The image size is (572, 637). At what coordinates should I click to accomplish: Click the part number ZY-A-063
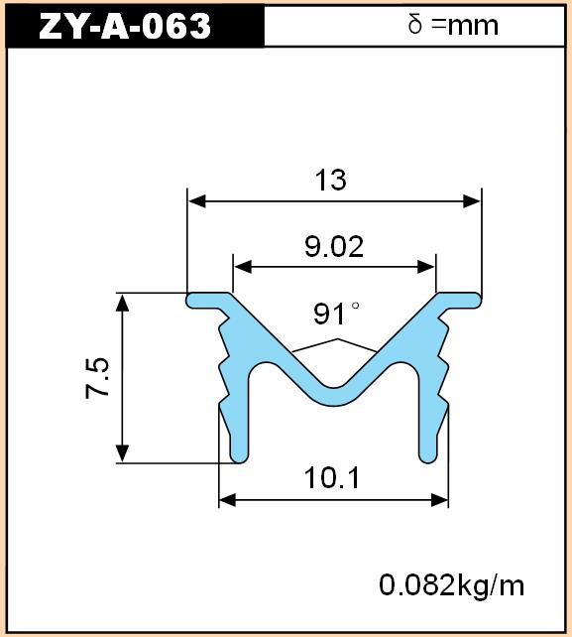(125, 26)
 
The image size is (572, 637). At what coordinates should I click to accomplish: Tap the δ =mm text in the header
(453, 25)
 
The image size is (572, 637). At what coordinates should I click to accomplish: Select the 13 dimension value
(331, 180)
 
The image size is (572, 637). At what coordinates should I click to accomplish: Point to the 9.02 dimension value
(334, 247)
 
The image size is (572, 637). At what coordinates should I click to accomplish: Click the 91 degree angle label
(336, 314)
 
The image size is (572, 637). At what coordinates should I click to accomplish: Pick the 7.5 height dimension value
(98, 378)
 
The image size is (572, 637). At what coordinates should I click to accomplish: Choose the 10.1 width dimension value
(332, 478)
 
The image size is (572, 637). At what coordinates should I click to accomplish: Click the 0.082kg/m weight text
(451, 585)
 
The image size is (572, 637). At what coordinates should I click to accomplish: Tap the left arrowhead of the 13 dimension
(197, 201)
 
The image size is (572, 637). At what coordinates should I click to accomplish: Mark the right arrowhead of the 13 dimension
(472, 201)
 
